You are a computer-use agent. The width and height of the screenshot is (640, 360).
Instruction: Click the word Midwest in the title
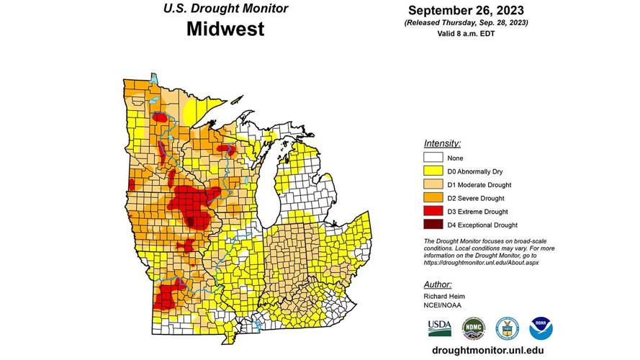point(225,30)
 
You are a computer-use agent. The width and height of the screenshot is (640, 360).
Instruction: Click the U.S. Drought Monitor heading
point(225,9)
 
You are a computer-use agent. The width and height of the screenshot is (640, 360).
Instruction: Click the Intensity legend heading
point(443,143)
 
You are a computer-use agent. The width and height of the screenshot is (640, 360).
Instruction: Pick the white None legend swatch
point(433,158)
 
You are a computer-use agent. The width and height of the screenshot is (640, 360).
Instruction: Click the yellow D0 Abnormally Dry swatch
point(433,171)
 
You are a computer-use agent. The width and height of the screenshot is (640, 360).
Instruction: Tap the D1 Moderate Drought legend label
point(479,184)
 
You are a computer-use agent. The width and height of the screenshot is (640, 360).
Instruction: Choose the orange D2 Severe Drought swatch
point(433,198)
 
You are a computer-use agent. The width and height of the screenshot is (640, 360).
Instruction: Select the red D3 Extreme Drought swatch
point(433,212)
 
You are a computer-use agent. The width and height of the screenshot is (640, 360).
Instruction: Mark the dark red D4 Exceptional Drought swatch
point(433,225)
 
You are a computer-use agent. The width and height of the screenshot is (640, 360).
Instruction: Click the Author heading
point(438,284)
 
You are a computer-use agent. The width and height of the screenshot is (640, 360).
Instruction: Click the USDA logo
point(439,328)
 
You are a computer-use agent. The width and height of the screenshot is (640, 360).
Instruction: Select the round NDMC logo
point(473,328)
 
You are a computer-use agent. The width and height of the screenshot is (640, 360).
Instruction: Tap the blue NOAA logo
point(541,328)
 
